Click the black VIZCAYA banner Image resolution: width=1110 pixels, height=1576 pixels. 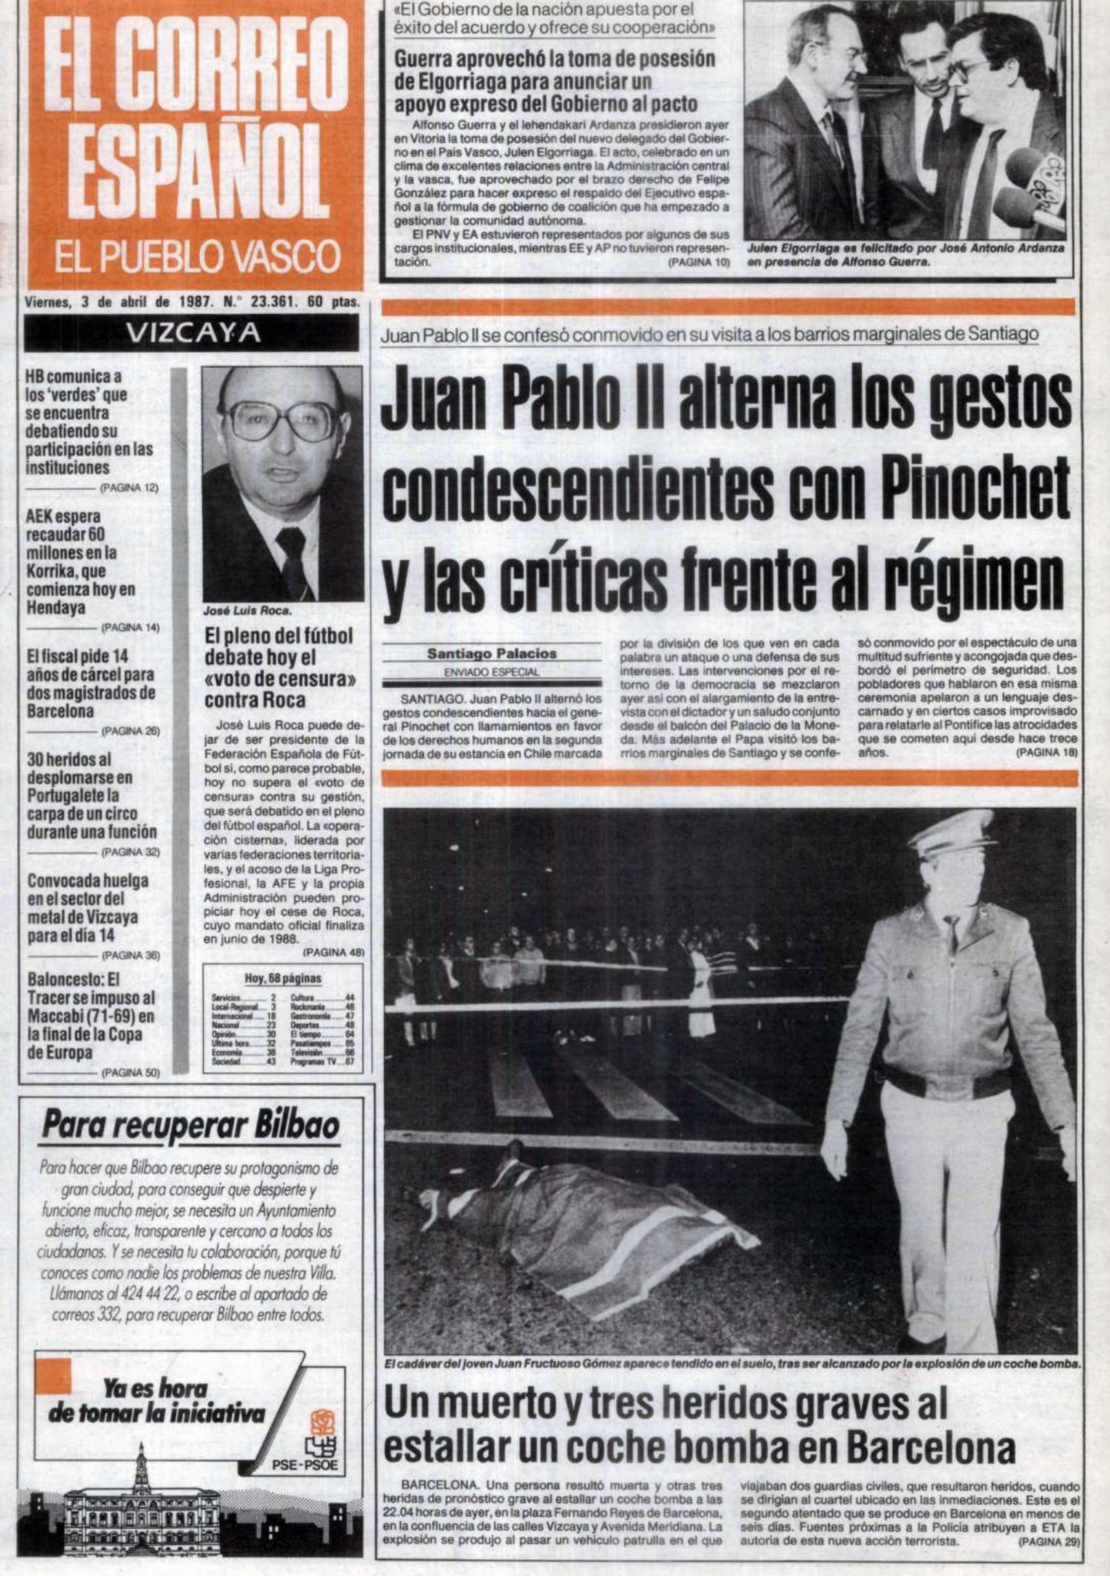click(192, 333)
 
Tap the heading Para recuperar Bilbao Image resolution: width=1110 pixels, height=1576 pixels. click(191, 1124)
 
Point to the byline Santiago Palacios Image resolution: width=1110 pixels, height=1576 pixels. click(491, 653)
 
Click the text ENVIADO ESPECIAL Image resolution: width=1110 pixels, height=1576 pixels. click(492, 672)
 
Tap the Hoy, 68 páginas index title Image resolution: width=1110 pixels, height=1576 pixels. click(283, 979)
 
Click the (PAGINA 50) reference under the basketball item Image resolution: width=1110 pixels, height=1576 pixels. click(130, 1072)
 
